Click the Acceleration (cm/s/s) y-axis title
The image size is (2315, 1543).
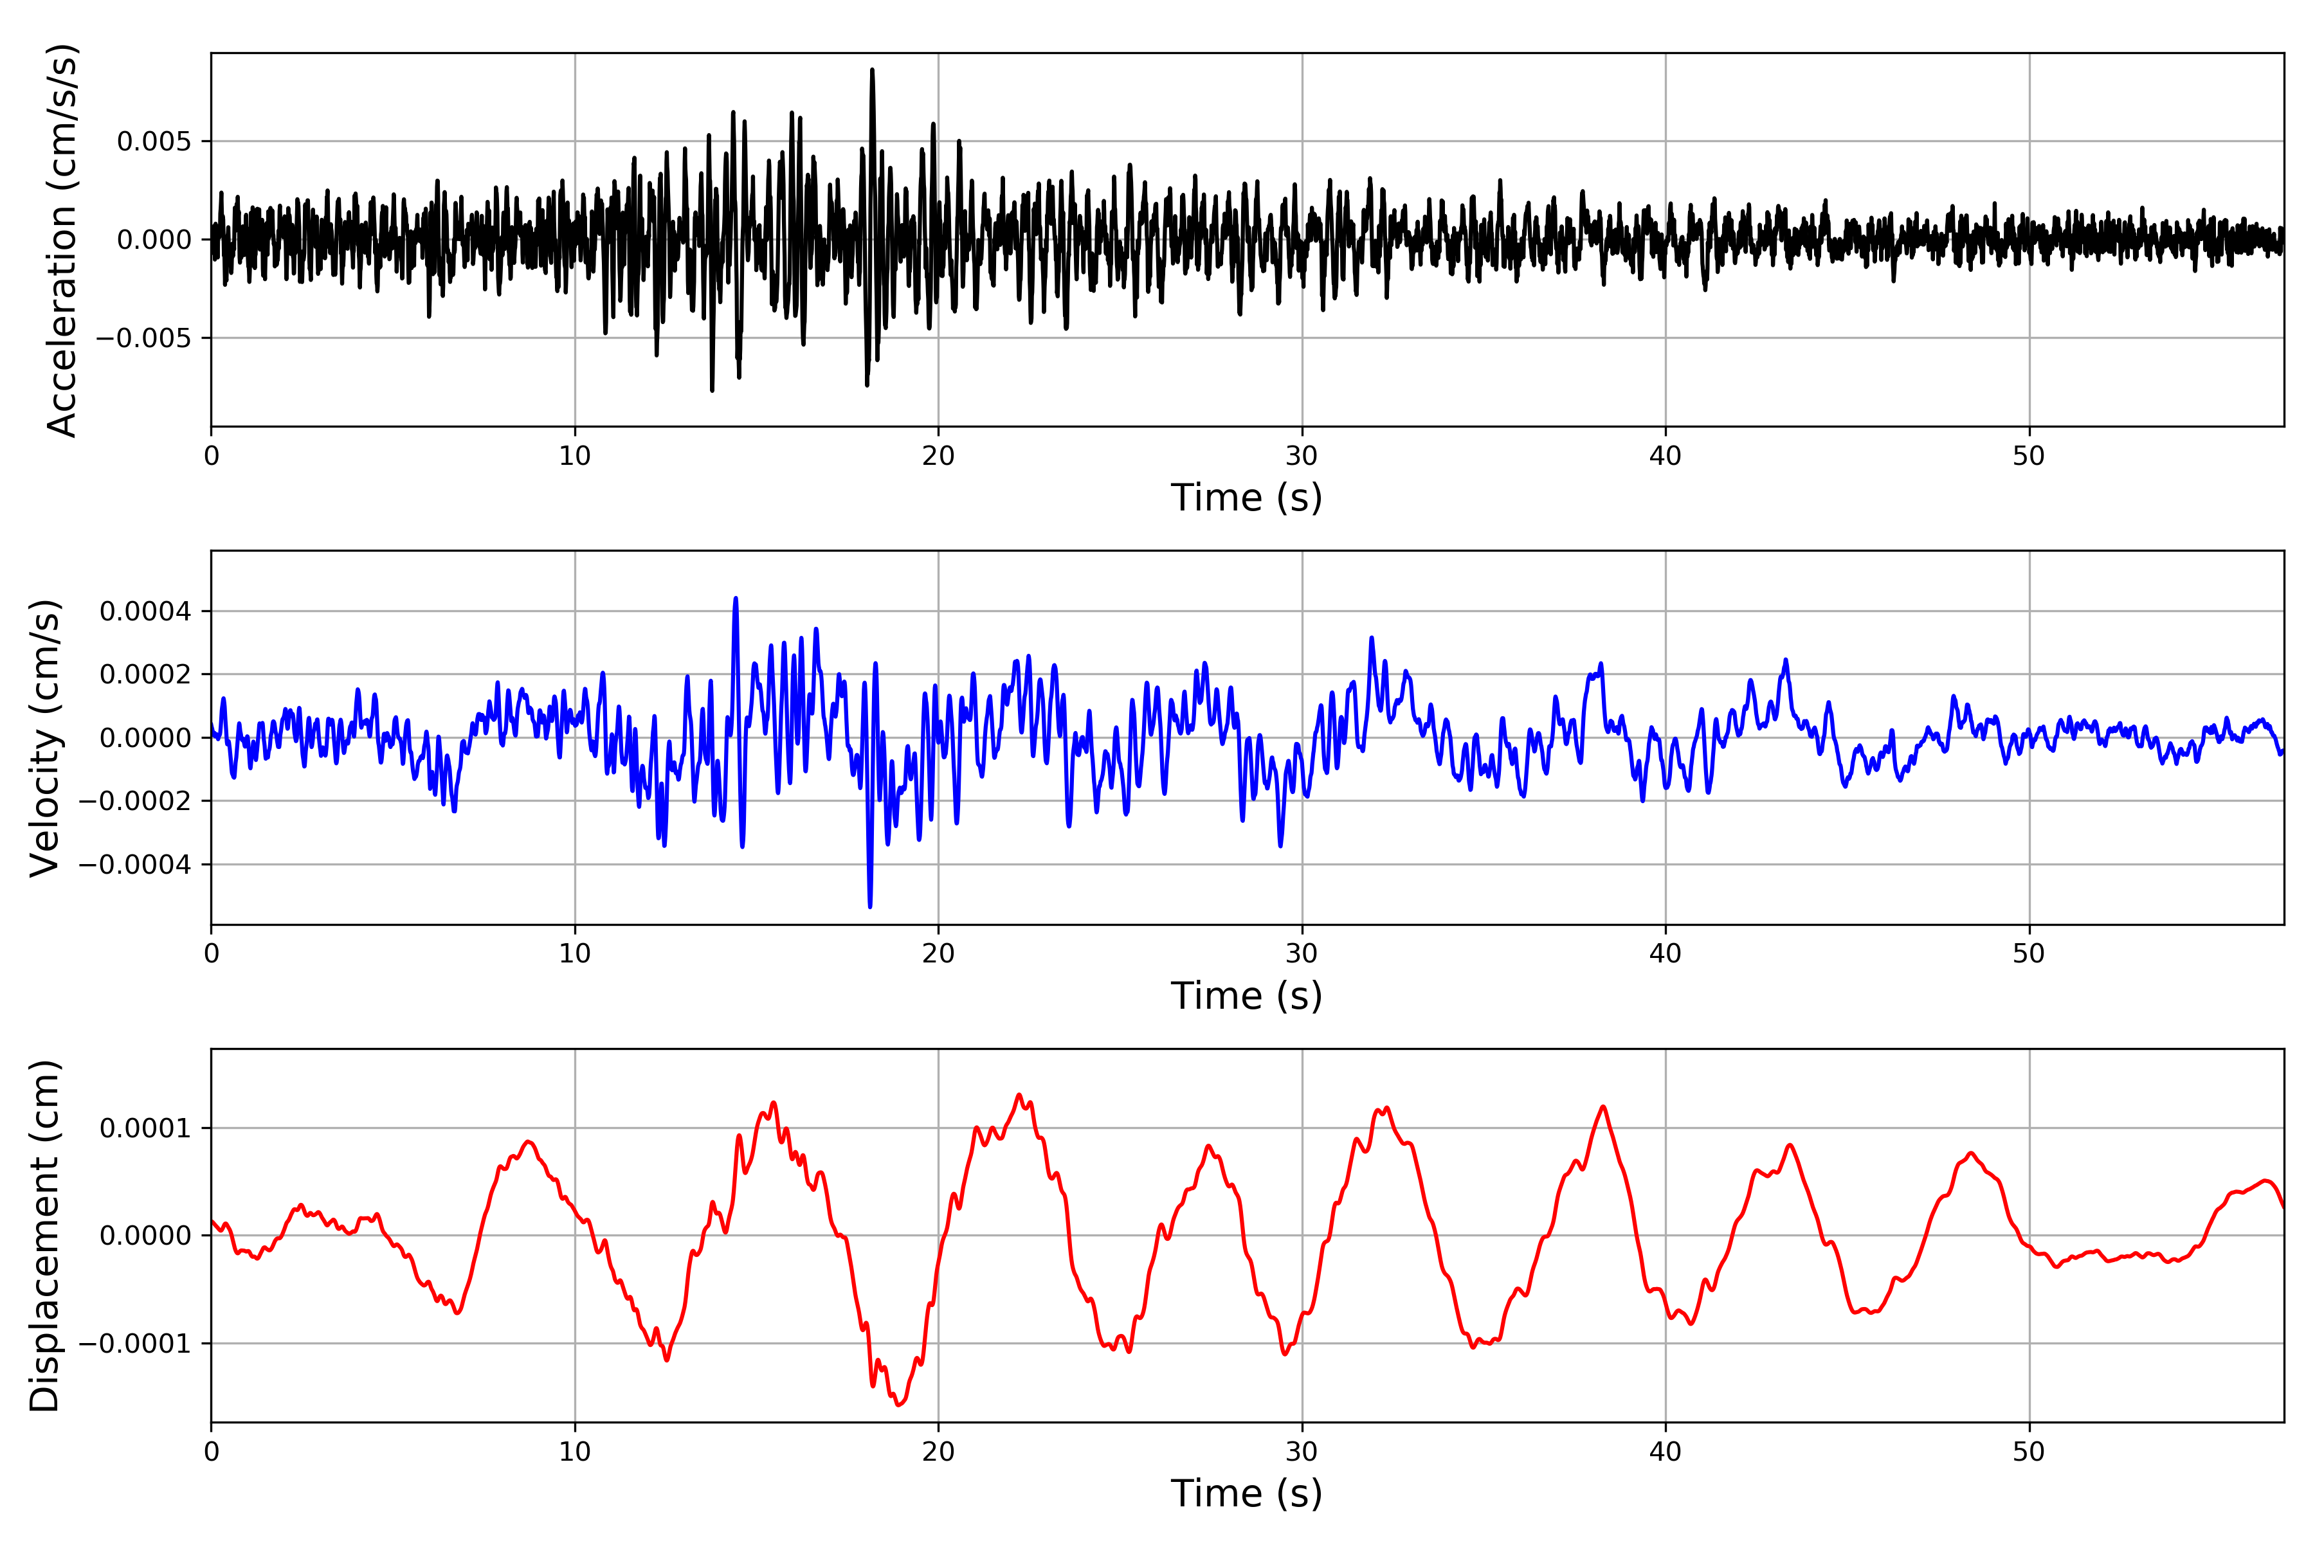point(61,239)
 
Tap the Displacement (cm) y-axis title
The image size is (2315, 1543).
point(45,1235)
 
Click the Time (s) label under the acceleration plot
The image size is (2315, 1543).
point(1246,498)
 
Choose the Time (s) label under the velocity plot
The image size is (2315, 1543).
point(1246,996)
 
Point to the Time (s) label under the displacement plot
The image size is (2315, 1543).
point(1246,1493)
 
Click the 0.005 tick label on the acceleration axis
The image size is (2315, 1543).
point(154,141)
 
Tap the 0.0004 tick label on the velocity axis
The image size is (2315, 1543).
point(146,612)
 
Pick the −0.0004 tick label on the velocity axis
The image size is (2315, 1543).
point(136,865)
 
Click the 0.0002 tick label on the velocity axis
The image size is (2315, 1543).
point(146,675)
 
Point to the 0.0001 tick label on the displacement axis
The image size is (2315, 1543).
point(146,1129)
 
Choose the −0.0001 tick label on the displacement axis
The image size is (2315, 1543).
point(136,1344)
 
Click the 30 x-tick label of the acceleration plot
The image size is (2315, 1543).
point(1301,456)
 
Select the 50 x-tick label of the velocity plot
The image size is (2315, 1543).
point(2029,953)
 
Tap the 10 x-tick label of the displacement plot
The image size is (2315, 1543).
point(575,1452)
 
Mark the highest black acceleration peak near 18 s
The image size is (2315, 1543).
point(872,70)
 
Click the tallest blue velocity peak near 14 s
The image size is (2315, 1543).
point(735,599)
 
